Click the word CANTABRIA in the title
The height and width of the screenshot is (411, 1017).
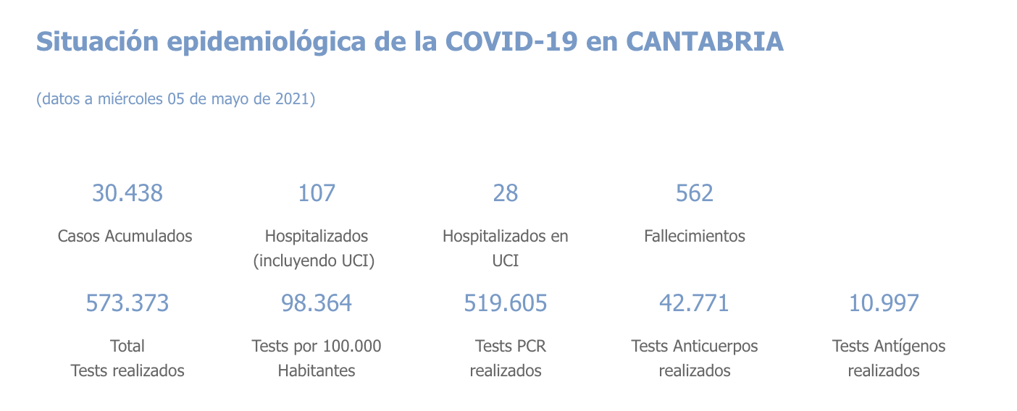pyautogui.click(x=704, y=42)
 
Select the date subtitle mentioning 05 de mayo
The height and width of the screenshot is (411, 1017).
pyautogui.click(x=175, y=99)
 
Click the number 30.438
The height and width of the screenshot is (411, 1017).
pyautogui.click(x=127, y=193)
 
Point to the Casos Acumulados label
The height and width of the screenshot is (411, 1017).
pyautogui.click(x=125, y=236)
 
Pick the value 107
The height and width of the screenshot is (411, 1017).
pyautogui.click(x=317, y=193)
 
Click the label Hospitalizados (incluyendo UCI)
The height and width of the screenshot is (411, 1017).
pyautogui.click(x=316, y=248)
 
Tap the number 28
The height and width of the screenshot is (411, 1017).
pyautogui.click(x=506, y=193)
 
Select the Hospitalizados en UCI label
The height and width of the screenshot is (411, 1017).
pyautogui.click(x=506, y=248)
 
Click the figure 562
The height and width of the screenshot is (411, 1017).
pyautogui.click(x=694, y=193)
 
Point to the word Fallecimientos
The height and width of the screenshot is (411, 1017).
pyautogui.click(x=694, y=236)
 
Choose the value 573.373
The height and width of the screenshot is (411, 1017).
pyautogui.click(x=127, y=303)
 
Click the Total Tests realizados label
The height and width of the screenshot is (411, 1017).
pyautogui.click(x=127, y=358)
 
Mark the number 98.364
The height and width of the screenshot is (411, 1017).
pyautogui.click(x=317, y=303)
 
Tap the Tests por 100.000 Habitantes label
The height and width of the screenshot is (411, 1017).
pyautogui.click(x=317, y=358)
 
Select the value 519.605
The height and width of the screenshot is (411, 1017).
pyautogui.click(x=506, y=303)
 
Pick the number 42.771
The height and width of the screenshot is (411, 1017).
pyautogui.click(x=694, y=303)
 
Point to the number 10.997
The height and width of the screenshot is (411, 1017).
pyautogui.click(x=884, y=303)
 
